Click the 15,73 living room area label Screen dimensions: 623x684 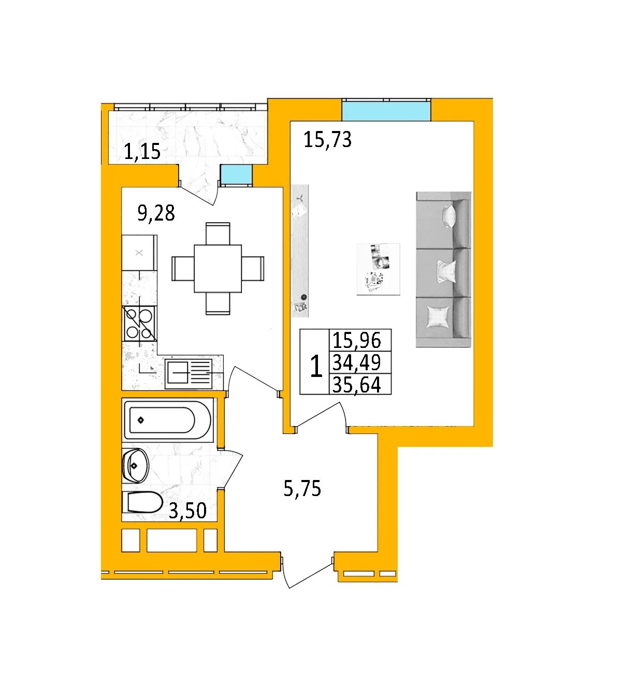[x=327, y=140]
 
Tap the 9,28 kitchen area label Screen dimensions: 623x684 [x=156, y=213]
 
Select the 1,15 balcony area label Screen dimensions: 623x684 [x=142, y=151]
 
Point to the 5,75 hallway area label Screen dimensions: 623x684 [x=302, y=488]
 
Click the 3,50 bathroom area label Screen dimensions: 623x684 [x=187, y=511]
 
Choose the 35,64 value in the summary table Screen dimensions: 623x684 [x=356, y=385]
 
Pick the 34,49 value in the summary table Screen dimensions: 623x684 [x=356, y=362]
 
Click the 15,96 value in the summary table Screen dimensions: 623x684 [x=356, y=340]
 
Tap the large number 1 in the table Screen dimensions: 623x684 [x=316, y=366]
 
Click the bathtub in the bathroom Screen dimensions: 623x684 [x=167, y=420]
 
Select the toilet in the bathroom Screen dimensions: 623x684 [x=142, y=502]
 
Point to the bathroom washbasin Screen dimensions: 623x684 [x=135, y=465]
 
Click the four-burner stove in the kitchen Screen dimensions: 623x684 [x=139, y=324]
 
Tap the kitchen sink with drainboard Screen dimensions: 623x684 [x=189, y=373]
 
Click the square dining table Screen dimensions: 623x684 [x=218, y=268]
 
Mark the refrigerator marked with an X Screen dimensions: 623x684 [x=139, y=253]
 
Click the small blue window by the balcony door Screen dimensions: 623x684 [x=236, y=174]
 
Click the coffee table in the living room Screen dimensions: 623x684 [x=378, y=269]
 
